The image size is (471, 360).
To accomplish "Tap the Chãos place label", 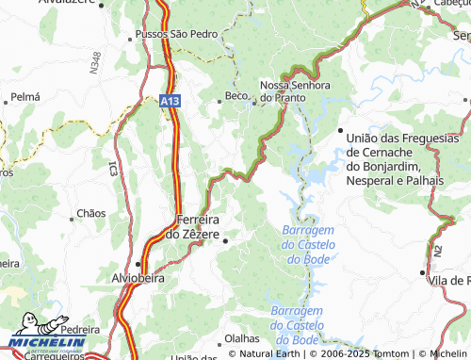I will pos(91,214).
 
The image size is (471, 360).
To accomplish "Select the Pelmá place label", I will pos(24,97).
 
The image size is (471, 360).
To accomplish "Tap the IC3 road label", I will pos(112,169).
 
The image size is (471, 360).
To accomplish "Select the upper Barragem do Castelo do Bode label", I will pos(308,244).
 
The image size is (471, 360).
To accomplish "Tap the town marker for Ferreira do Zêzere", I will pos(226,241).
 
